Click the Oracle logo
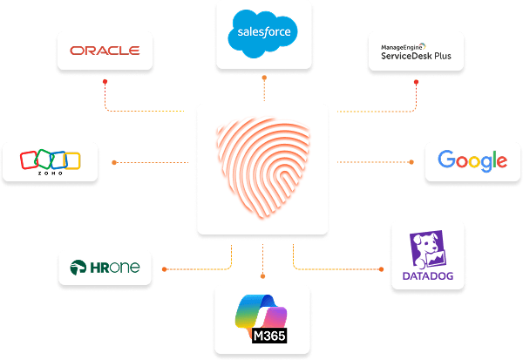pyautogui.click(x=105, y=51)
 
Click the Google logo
pyautogui.click(x=472, y=160)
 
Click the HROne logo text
pyautogui.click(x=117, y=268)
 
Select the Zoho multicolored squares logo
pyautogui.click(x=50, y=160)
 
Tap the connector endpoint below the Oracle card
pyautogui.click(x=106, y=82)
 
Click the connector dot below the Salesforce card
pyautogui.click(x=262, y=78)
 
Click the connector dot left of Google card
pyautogui.click(x=411, y=161)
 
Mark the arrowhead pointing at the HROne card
pyautogui.click(x=165, y=267)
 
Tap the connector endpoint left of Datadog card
pyautogui.click(x=383, y=267)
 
